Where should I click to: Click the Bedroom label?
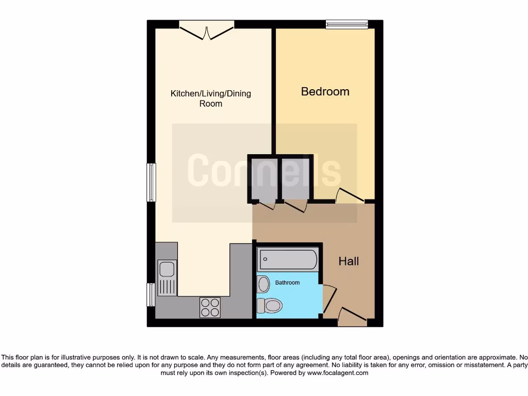tap(325, 92)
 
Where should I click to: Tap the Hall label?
tap(349, 261)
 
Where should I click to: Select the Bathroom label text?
tap(287, 283)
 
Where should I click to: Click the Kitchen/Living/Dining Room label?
tap(210, 98)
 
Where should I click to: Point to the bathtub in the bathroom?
tap(288, 259)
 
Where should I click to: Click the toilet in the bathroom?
tap(270, 306)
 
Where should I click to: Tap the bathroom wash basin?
tap(263, 284)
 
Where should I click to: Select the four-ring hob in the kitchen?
tap(210, 307)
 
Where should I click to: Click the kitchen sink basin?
tap(167, 269)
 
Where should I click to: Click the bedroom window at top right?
tap(346, 24)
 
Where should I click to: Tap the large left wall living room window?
tap(151, 182)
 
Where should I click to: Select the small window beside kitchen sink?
tap(151, 294)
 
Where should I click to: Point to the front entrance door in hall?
tap(353, 316)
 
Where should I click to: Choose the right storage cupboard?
tap(296, 178)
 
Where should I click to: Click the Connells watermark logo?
tap(264, 170)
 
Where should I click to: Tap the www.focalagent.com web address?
tap(338, 373)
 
